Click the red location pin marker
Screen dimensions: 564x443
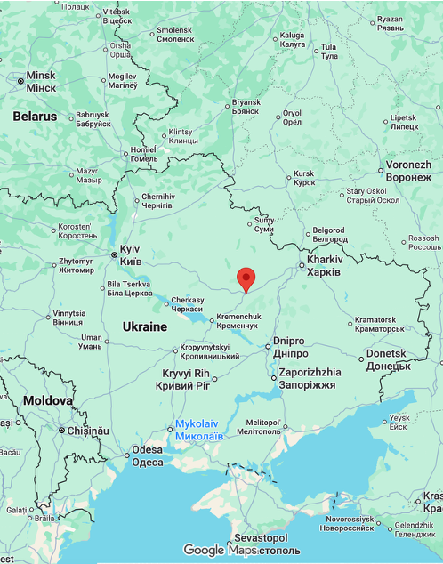(x=246, y=279)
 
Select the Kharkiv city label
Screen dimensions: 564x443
(x=324, y=265)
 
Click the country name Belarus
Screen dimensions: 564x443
(x=35, y=117)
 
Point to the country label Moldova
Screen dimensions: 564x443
(x=47, y=401)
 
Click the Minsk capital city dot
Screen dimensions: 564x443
(x=20, y=81)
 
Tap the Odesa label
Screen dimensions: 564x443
(x=148, y=456)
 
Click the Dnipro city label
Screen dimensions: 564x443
(x=289, y=347)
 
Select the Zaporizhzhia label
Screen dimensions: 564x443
(x=309, y=378)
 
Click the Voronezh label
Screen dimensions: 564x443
(x=408, y=171)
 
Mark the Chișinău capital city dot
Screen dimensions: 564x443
(x=60, y=431)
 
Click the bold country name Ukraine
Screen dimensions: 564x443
(x=145, y=327)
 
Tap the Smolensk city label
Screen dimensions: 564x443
(x=174, y=35)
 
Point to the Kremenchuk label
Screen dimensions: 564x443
(x=238, y=321)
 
